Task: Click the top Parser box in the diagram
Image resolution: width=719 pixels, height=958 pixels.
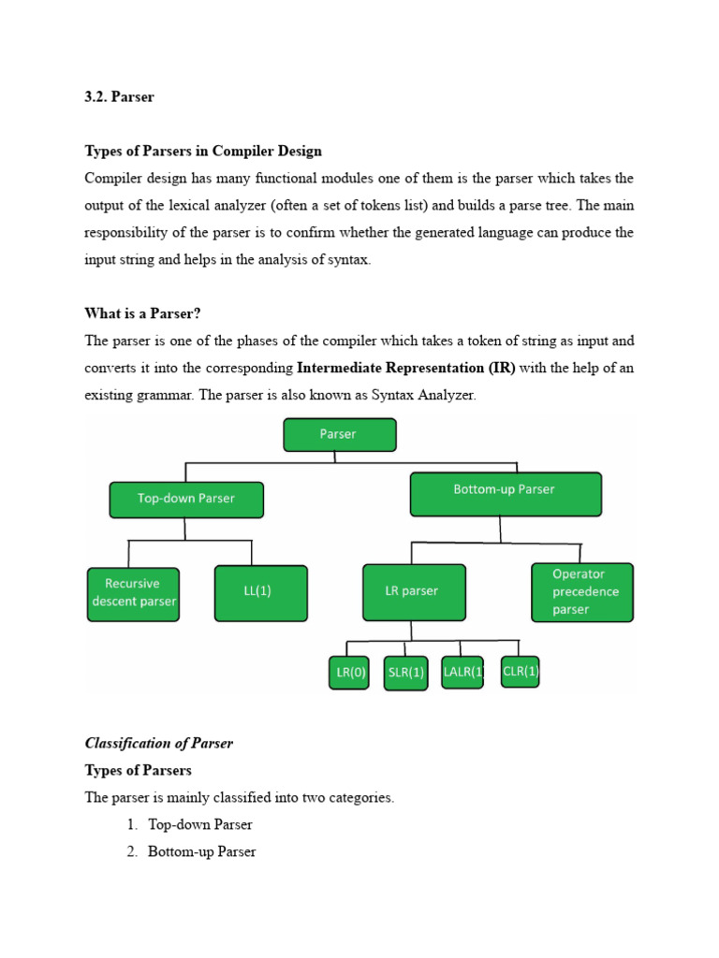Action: [x=340, y=434]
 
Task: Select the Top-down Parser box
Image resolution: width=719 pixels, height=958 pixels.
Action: [x=186, y=499]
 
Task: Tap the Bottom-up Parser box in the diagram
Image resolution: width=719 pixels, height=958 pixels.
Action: [x=505, y=493]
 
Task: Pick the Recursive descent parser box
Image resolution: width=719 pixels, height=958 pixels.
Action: [x=133, y=593]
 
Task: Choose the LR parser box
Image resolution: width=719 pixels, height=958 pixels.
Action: [x=412, y=591]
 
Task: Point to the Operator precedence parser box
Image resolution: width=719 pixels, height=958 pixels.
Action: [x=580, y=591]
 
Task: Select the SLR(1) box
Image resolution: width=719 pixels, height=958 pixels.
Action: [x=405, y=672]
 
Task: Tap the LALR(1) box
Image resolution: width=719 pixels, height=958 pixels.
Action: [x=462, y=671]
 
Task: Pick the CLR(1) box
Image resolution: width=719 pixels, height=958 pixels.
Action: [x=520, y=670]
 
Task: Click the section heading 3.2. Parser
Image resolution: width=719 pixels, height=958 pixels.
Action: [x=119, y=97]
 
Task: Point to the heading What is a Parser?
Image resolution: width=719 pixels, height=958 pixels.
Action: [x=143, y=313]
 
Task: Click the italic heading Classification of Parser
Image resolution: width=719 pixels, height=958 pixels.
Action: [x=159, y=743]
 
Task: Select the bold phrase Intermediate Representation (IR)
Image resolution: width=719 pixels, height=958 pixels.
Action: [x=406, y=368]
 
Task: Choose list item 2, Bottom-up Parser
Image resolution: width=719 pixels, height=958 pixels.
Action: [x=202, y=851]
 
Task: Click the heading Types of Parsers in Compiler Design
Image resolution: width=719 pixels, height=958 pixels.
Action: [x=203, y=151]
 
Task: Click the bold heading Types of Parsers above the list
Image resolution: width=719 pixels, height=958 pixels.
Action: [x=139, y=770]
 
